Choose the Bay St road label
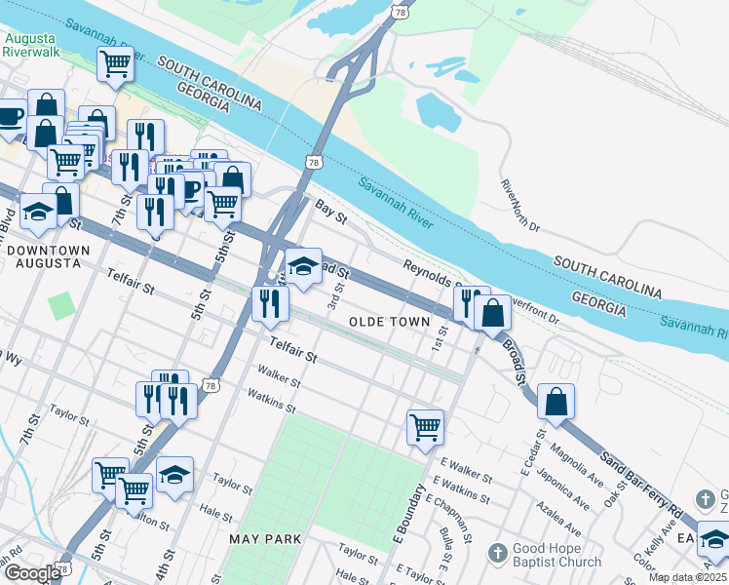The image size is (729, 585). pos(331,211)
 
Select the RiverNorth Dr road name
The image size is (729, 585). pos(519,205)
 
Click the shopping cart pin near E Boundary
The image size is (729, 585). pos(425,426)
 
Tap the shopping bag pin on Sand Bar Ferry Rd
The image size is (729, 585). pos(556,401)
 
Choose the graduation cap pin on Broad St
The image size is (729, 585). pos(303,265)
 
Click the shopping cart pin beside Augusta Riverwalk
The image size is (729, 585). pos(115,64)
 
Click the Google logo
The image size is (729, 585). pos(31,573)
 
